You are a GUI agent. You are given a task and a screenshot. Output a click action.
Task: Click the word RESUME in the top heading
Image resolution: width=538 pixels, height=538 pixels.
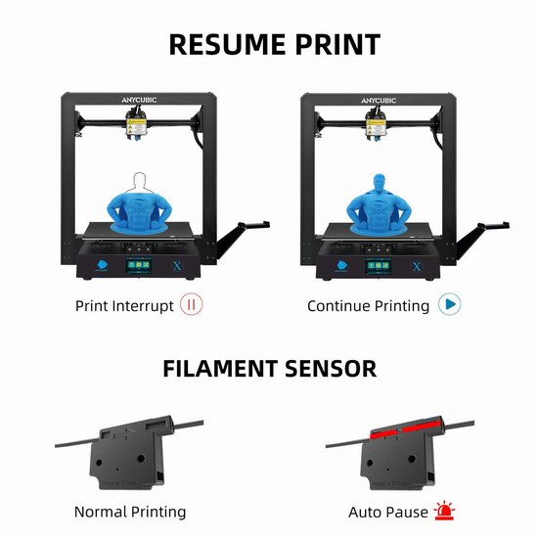coord(229,45)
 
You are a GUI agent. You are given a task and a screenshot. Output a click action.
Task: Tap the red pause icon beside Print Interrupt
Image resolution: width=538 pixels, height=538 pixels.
coord(192,304)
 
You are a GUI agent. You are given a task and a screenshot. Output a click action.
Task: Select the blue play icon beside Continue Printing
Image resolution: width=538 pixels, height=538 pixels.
coord(450,304)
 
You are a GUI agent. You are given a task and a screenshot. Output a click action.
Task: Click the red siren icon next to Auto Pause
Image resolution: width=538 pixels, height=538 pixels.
coord(444,511)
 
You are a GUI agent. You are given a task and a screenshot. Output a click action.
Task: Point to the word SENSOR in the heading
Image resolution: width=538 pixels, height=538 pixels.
coord(331,369)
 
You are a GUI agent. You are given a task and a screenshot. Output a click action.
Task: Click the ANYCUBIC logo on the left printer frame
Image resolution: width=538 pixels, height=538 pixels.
coord(139,100)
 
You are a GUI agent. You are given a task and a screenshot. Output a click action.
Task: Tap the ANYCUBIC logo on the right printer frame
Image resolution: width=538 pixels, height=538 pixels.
coord(379,101)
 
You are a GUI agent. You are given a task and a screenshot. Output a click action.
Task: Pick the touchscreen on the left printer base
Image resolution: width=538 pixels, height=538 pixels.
coord(139,265)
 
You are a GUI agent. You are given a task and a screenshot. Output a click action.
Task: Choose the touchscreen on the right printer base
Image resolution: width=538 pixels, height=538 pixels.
coord(379,266)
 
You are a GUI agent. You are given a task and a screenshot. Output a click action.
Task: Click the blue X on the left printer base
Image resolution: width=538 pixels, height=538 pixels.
coord(177,266)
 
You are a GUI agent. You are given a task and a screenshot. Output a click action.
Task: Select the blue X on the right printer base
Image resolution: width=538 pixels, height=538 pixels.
coord(417,267)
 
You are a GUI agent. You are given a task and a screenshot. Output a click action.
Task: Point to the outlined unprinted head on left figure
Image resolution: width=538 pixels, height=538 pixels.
coord(139,183)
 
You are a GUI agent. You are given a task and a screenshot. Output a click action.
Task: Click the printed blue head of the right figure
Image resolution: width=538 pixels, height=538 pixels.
coord(379,184)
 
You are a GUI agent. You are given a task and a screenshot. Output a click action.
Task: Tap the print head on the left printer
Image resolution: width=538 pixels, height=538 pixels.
coord(136,124)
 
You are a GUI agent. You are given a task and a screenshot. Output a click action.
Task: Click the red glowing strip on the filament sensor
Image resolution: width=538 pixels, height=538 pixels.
coord(406,429)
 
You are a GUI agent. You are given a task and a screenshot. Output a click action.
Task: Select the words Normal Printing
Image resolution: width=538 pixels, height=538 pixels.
coord(130,512)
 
